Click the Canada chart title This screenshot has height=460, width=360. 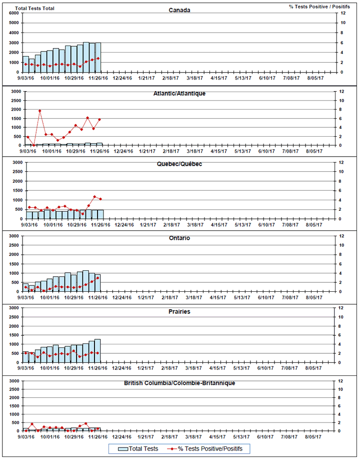point(179,10)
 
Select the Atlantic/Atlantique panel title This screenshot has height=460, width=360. point(179,93)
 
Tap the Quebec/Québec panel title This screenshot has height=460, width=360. point(179,164)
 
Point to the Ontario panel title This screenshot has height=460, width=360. point(179,238)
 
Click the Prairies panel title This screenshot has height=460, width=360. point(179,311)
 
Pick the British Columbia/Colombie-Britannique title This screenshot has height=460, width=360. point(179,383)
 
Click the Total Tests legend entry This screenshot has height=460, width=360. point(137,448)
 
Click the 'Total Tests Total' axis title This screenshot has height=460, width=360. point(35,9)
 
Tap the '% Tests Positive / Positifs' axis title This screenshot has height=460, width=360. point(318,7)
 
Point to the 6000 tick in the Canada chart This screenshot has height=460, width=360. point(14,13)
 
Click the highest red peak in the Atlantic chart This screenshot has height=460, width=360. point(39,111)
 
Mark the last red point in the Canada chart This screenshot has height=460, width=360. point(98,58)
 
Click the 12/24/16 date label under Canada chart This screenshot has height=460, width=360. point(122,78)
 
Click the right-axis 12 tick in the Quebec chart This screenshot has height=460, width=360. point(342,163)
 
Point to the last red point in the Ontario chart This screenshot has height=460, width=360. point(98,278)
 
